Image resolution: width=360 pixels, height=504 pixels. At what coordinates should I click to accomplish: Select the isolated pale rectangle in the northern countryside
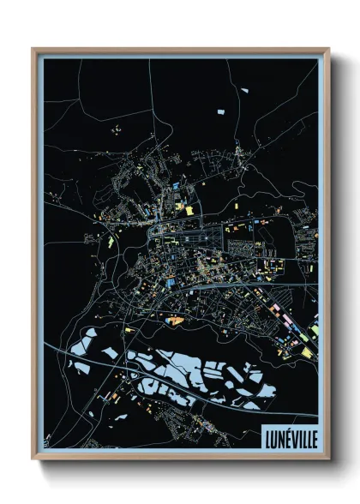click(x=219, y=111)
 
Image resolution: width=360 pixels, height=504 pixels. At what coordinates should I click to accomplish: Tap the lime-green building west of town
click(x=111, y=241)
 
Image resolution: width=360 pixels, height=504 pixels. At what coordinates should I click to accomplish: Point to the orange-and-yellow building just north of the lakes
click(x=176, y=320)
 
